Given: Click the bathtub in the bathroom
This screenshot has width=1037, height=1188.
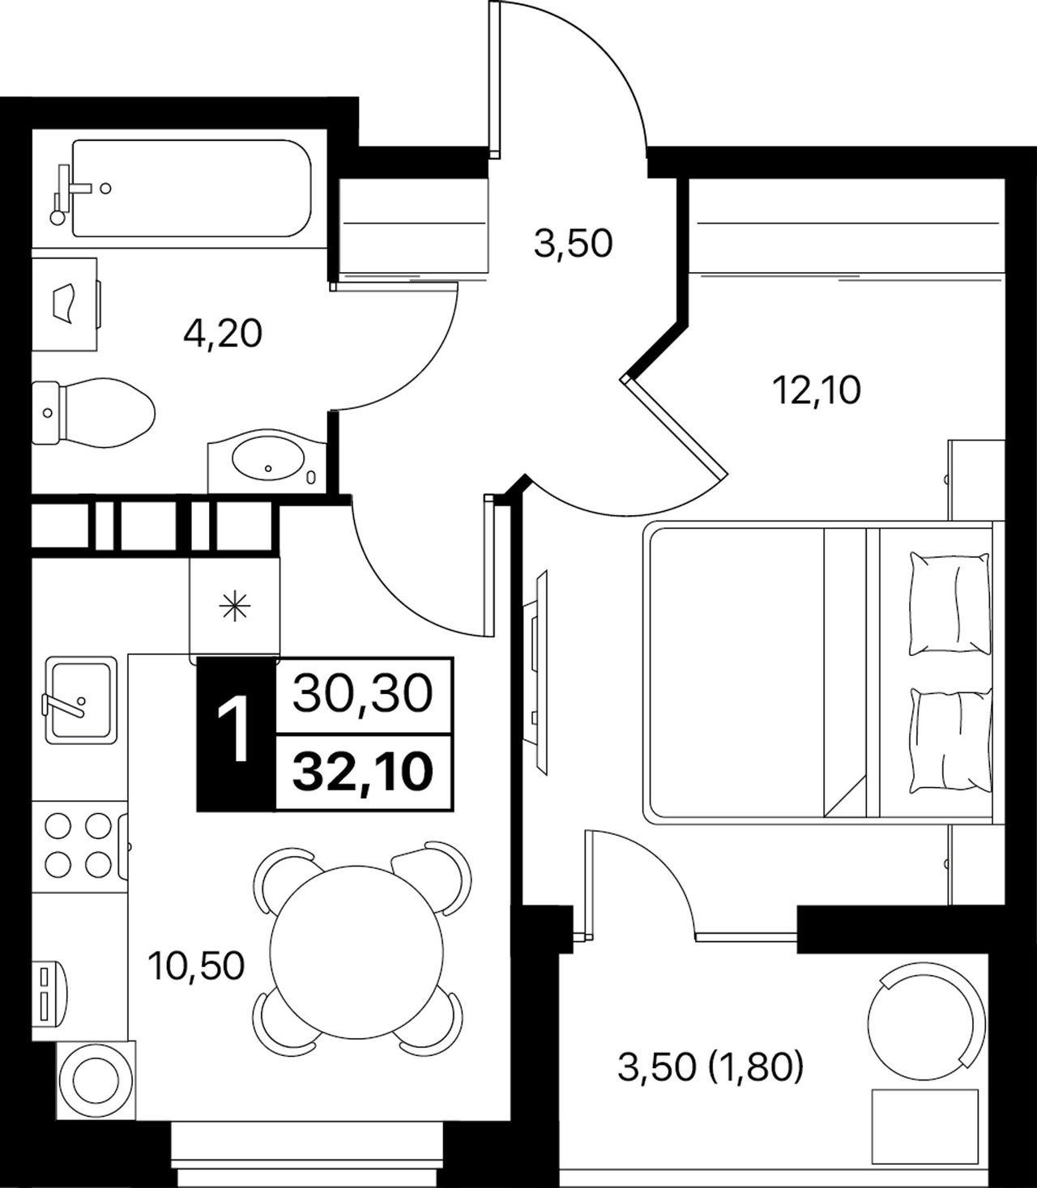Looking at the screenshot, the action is click(192, 188).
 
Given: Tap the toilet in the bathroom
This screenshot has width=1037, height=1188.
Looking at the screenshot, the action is click(93, 412).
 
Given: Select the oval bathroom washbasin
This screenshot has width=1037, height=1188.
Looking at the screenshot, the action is click(267, 459).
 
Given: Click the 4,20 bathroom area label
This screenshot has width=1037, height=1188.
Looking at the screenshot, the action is click(223, 334).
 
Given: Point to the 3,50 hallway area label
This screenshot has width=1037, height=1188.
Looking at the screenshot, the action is click(573, 244).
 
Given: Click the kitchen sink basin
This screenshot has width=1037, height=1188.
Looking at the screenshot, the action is click(81, 700).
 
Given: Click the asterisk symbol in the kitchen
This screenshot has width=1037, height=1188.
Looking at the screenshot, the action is click(235, 607).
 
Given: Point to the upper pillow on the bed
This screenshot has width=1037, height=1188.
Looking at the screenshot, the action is click(950, 603).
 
